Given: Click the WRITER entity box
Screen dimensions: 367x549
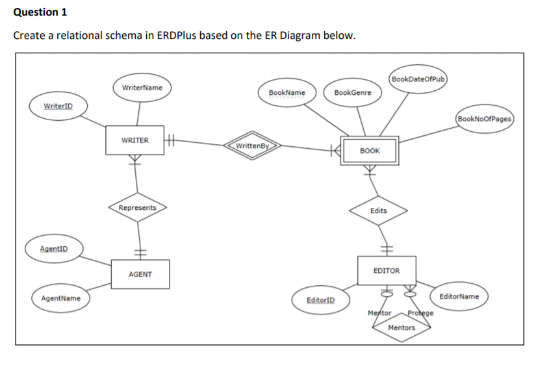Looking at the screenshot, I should tap(135, 141).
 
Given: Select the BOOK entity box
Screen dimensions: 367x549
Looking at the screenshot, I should tap(370, 151).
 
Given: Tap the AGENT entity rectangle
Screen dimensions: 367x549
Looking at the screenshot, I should tap(140, 274).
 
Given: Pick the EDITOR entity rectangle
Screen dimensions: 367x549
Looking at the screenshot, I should tap(387, 270).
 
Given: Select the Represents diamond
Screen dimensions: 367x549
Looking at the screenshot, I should tap(138, 208).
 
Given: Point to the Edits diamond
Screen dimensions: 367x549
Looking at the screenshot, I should tap(379, 210).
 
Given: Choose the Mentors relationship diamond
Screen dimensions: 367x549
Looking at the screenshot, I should tap(401, 328).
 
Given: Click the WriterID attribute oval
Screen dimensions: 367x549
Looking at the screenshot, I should tap(58, 106).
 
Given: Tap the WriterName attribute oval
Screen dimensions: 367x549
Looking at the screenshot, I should tap(142, 88).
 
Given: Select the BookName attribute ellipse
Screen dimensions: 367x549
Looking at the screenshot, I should tap(287, 92).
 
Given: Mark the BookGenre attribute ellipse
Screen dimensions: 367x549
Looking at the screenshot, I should tap(353, 92).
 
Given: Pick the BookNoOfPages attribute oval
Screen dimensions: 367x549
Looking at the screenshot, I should tap(485, 119).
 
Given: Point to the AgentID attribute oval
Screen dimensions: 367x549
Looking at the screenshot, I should tap(53, 249).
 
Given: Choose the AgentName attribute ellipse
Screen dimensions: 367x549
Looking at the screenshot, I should tap(61, 298).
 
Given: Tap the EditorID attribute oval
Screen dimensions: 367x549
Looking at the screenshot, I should tap(320, 299).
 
